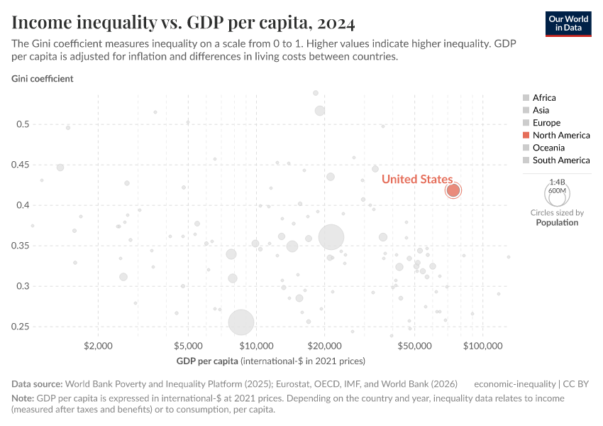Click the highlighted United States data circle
(x=453, y=190)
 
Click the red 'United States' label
(x=416, y=179)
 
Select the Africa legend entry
(x=544, y=98)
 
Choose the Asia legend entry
(x=541, y=110)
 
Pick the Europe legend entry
(x=546, y=123)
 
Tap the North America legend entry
(x=560, y=135)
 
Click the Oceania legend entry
(x=548, y=148)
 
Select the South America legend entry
(x=560, y=160)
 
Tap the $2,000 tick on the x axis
(x=99, y=346)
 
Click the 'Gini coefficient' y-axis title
(x=42, y=79)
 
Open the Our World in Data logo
(x=568, y=23)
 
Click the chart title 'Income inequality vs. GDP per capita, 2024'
(x=183, y=24)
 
